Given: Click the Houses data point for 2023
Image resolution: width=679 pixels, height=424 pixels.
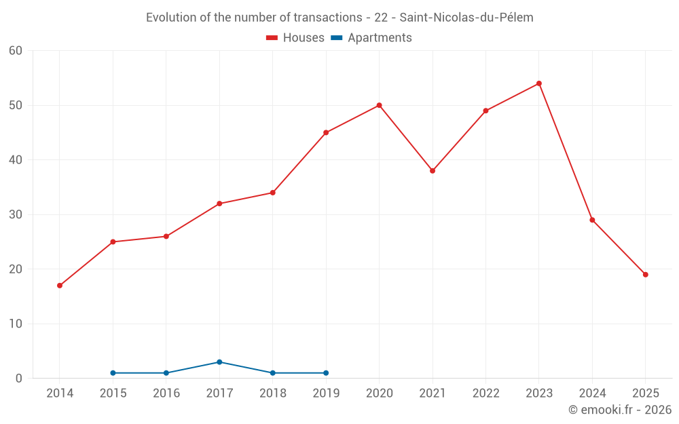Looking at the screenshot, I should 538,83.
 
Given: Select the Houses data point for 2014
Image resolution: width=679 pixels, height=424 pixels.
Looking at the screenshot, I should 60,286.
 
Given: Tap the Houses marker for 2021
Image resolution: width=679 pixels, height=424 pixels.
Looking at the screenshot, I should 433,171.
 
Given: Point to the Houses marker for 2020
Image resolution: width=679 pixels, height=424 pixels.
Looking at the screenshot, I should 379,105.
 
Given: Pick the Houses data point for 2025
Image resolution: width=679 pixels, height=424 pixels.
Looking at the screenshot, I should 645,275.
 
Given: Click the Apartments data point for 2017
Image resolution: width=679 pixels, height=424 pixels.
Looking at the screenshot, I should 219,362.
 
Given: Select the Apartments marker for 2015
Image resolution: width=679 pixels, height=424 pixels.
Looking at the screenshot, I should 113,373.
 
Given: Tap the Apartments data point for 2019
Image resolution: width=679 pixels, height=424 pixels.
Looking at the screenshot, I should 326,373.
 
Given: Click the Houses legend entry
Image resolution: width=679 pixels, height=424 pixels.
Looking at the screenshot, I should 295,38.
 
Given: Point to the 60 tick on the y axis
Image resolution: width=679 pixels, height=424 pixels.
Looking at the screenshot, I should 16,51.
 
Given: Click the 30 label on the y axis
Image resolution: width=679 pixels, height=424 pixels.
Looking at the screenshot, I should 16,215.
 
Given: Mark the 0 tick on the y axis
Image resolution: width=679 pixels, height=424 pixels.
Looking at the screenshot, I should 19,379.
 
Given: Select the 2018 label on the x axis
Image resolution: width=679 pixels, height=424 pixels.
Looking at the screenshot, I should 272,393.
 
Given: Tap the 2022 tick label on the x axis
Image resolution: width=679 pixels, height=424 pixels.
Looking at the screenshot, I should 485,393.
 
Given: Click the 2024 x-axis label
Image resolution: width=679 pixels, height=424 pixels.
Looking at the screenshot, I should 592,393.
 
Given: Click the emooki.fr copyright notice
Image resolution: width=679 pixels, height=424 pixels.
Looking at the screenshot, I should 619,410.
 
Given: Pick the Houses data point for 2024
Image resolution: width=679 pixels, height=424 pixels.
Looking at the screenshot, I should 592,220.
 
